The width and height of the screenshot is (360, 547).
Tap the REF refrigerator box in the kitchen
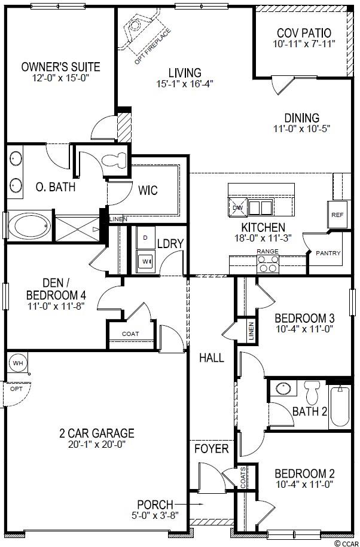pyautogui.click(x=337, y=215)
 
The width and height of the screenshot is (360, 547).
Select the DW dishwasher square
pyautogui.click(x=237, y=207)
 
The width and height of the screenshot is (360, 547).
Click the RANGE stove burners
pyautogui.click(x=268, y=264)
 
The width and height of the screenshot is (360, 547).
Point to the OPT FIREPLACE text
pyautogui.click(x=153, y=47)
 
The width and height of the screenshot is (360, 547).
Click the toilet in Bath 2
pyautogui.click(x=312, y=392)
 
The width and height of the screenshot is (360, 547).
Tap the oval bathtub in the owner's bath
pyautogui.click(x=29, y=225)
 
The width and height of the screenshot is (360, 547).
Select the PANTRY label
pyautogui.click(x=328, y=253)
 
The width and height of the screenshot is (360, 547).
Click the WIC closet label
pyautogui.click(x=148, y=190)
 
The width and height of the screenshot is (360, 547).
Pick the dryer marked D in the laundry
pyautogui.click(x=145, y=237)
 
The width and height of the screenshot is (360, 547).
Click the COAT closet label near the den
pyautogui.click(x=130, y=334)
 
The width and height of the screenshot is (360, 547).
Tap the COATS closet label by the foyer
pyautogui.click(x=243, y=477)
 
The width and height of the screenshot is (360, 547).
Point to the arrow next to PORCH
pyautogui.click(x=189, y=504)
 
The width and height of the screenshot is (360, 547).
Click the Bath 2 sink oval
pyautogui.click(x=283, y=388)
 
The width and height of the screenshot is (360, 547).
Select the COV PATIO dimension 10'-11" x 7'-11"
pyautogui.click(x=304, y=44)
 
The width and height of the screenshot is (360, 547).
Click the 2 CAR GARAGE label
pyautogui.click(x=97, y=433)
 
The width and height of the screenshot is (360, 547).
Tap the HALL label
pyautogui.click(x=212, y=357)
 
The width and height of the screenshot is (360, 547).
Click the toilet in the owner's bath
pyautogui.click(x=115, y=160)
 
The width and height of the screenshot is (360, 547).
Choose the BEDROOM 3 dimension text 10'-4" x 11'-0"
pyautogui.click(x=304, y=329)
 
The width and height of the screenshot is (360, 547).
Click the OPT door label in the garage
pyautogui.click(x=16, y=389)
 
